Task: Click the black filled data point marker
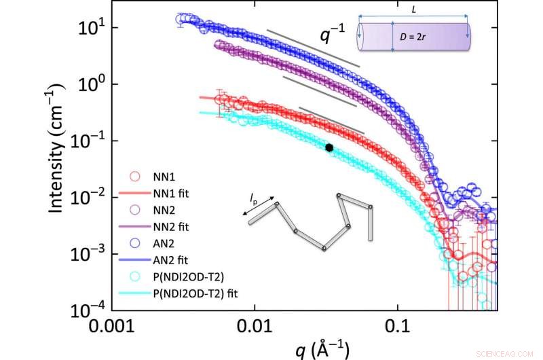(329, 147)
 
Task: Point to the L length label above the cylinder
(415, 10)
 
